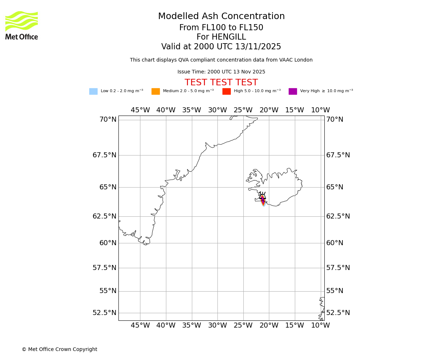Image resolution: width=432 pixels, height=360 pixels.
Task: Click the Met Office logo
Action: click(22, 26)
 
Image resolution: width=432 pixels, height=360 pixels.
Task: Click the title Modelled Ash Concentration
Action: click(221, 17)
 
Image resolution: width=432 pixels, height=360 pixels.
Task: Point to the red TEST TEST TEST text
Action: click(221, 83)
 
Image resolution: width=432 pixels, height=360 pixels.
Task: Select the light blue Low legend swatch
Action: click(93, 91)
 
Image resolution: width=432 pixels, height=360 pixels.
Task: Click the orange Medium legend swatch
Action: click(156, 91)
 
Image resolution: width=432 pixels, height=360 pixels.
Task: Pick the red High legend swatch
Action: click(226, 91)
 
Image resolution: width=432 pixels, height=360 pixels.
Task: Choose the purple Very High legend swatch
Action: click(293, 91)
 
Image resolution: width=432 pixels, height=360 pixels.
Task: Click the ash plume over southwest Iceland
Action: click(263, 200)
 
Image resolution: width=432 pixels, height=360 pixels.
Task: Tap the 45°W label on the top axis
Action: click(140, 110)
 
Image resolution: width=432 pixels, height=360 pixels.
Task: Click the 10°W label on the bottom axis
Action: click(320, 325)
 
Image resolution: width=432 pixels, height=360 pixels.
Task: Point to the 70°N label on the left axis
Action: click(108, 120)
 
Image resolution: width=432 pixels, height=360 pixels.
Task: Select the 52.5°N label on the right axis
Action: click(338, 312)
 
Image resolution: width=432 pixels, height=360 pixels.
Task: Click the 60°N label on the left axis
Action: click(108, 243)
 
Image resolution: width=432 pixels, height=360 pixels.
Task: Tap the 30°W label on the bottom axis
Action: click(217, 325)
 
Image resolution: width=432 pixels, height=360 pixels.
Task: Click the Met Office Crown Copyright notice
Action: click(59, 349)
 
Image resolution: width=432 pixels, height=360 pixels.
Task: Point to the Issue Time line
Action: click(221, 72)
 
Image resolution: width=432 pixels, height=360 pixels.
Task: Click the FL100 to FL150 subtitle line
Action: click(221, 28)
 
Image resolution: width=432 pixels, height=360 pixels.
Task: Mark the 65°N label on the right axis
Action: click(334, 187)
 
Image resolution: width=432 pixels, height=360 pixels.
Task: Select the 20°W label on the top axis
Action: click(269, 110)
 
